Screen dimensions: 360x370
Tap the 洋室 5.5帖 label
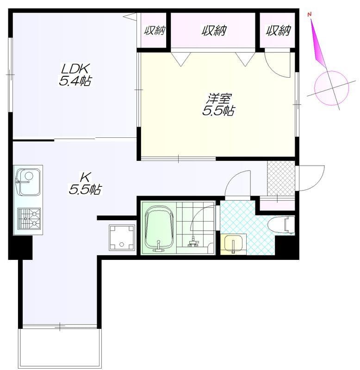[x=218, y=105]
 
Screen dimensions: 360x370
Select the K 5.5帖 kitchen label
[x=85, y=183]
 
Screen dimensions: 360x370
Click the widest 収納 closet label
[x=214, y=31]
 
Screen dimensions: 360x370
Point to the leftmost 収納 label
[x=155, y=31]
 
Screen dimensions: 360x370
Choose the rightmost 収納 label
[x=278, y=31]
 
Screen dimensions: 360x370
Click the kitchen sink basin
[x=28, y=182]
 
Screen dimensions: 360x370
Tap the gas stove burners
[x=29, y=219]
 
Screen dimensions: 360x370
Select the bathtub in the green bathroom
[x=158, y=228]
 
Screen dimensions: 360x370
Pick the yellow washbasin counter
[x=233, y=245]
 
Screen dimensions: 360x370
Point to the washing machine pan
[x=122, y=238]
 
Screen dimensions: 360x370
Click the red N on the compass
[x=310, y=15]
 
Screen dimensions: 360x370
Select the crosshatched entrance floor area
[x=281, y=179]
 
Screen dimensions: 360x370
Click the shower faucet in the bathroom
[x=194, y=242]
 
